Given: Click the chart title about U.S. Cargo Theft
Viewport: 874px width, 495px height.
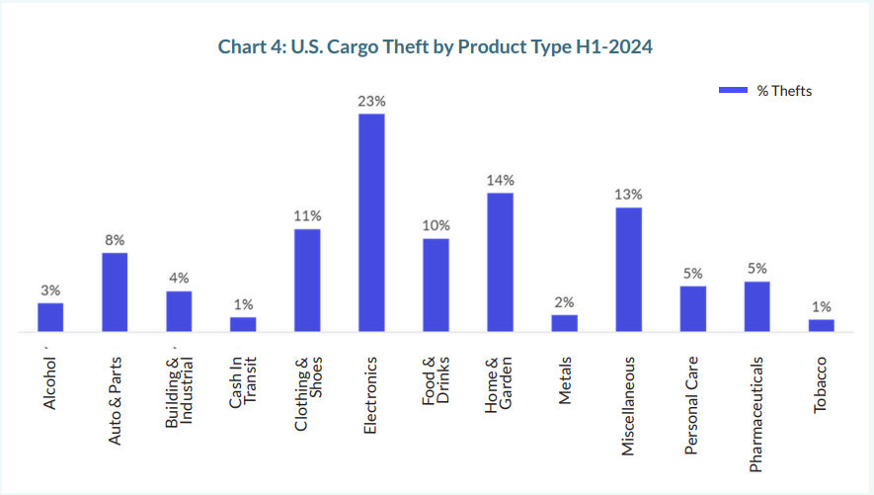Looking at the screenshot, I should [437, 46].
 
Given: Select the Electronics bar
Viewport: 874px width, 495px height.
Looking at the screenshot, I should [371, 222].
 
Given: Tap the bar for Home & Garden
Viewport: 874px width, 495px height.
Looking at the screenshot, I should [500, 262].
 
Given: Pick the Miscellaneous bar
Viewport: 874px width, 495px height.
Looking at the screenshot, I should [629, 269].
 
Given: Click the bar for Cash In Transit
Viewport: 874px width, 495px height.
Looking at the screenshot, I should [243, 324].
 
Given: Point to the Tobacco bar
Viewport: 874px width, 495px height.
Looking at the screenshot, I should [821, 325].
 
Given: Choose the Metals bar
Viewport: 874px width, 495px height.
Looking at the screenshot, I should [564, 323].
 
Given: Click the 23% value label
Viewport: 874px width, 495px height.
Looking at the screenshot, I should [371, 101].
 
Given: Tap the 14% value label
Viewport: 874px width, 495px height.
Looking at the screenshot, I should [500, 180].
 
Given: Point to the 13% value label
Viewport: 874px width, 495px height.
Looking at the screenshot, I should [629, 194].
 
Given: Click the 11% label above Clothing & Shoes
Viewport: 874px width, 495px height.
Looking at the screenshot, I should [307, 215].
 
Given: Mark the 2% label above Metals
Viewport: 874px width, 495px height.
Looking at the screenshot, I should [564, 302].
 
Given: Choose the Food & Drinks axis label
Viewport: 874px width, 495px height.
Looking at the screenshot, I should [437, 380].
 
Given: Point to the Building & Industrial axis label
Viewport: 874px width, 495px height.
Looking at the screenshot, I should [179, 393].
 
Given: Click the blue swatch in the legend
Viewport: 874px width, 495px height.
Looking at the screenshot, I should [732, 91].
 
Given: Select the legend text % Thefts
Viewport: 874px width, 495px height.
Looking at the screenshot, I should [784, 91].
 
